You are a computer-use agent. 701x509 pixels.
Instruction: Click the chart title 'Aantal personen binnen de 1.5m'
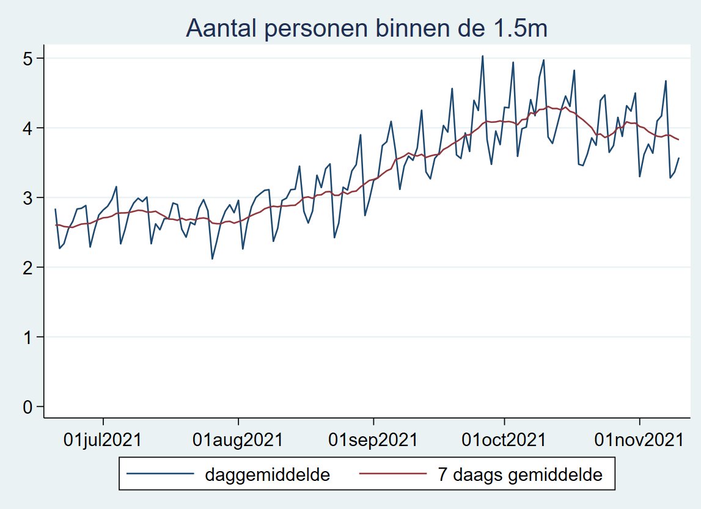366,28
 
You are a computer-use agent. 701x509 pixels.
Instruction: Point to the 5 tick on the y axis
28,58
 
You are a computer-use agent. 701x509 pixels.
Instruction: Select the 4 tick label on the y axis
28,128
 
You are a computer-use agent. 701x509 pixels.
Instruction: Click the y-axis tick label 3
28,197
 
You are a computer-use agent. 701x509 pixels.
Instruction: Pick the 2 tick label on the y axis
28,267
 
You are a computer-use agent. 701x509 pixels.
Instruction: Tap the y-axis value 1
28,337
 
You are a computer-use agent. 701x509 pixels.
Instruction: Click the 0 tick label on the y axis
28,406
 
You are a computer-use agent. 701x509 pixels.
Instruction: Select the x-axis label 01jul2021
103,439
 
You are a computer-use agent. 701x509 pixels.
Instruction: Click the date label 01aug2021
239,439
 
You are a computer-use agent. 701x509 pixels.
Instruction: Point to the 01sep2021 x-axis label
373,439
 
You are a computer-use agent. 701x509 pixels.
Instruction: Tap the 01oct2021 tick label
504,439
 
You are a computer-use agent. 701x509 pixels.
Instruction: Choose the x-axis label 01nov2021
639,439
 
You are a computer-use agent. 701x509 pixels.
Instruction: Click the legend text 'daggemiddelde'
268,474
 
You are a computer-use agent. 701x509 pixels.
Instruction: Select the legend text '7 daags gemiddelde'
520,474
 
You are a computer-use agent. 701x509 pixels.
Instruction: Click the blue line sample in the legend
161,474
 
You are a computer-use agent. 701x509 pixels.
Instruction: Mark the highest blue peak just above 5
482,56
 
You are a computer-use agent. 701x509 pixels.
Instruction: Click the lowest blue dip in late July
212,258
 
